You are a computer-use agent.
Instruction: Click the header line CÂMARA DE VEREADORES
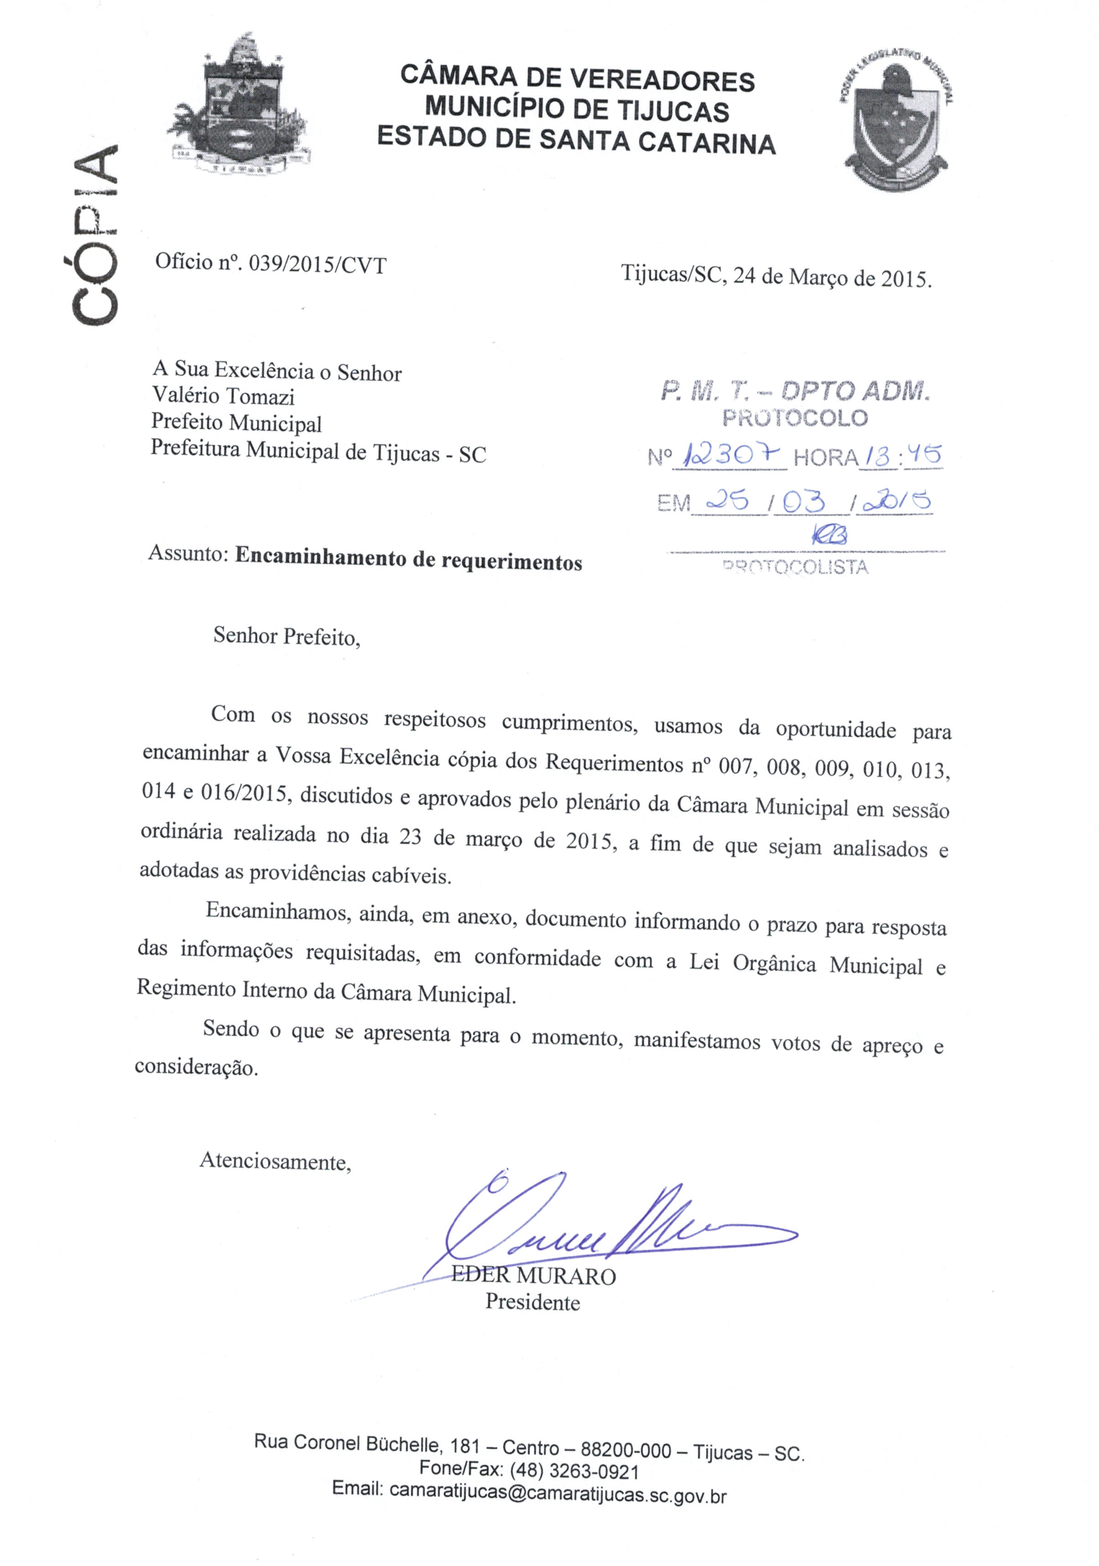coord(577,78)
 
